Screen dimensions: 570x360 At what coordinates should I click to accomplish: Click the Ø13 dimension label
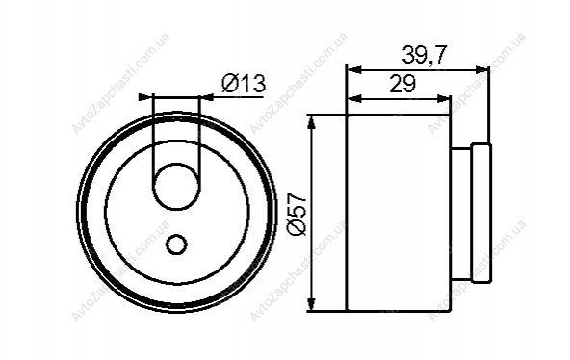pos(244,84)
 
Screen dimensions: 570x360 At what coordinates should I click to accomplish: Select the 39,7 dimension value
pos(424,56)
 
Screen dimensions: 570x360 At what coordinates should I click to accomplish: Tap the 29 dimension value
pos(402,84)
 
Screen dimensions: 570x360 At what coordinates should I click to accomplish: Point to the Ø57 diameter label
pos(297,214)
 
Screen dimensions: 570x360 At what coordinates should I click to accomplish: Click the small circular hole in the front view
pos(176,244)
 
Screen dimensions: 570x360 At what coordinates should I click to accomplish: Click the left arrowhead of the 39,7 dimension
pos(354,69)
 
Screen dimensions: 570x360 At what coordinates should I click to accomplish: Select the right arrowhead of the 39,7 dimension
pos(482,69)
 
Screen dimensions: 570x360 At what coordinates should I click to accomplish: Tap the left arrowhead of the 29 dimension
pos(354,98)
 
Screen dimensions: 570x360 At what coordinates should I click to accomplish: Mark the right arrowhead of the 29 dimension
pos(444,98)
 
